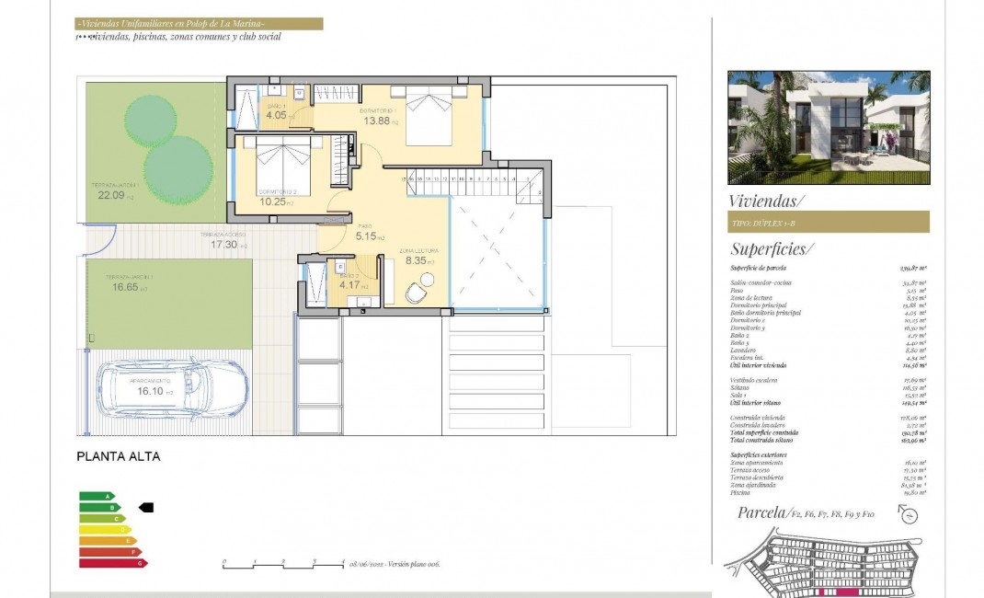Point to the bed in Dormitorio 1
(x=429, y=115)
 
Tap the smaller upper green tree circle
(x=150, y=119)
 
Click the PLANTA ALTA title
(x=118, y=455)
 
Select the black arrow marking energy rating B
(x=145, y=507)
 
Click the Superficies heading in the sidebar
(x=772, y=248)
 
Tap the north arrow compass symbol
(x=910, y=516)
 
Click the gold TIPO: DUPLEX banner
(x=828, y=222)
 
